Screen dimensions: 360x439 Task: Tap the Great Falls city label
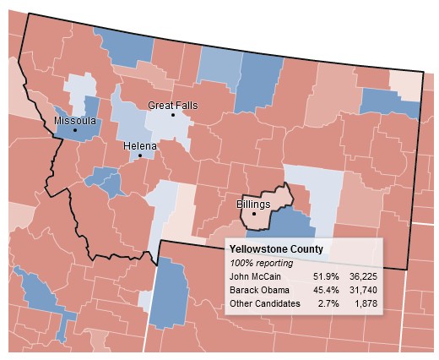172,105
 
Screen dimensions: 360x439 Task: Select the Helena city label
140,145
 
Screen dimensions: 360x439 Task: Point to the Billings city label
253,205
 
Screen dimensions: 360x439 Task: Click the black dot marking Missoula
74,130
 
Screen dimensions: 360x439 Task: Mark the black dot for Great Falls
173,115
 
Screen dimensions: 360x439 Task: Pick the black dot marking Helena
140,155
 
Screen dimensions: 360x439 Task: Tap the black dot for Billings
254,213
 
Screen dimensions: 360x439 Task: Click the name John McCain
256,276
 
